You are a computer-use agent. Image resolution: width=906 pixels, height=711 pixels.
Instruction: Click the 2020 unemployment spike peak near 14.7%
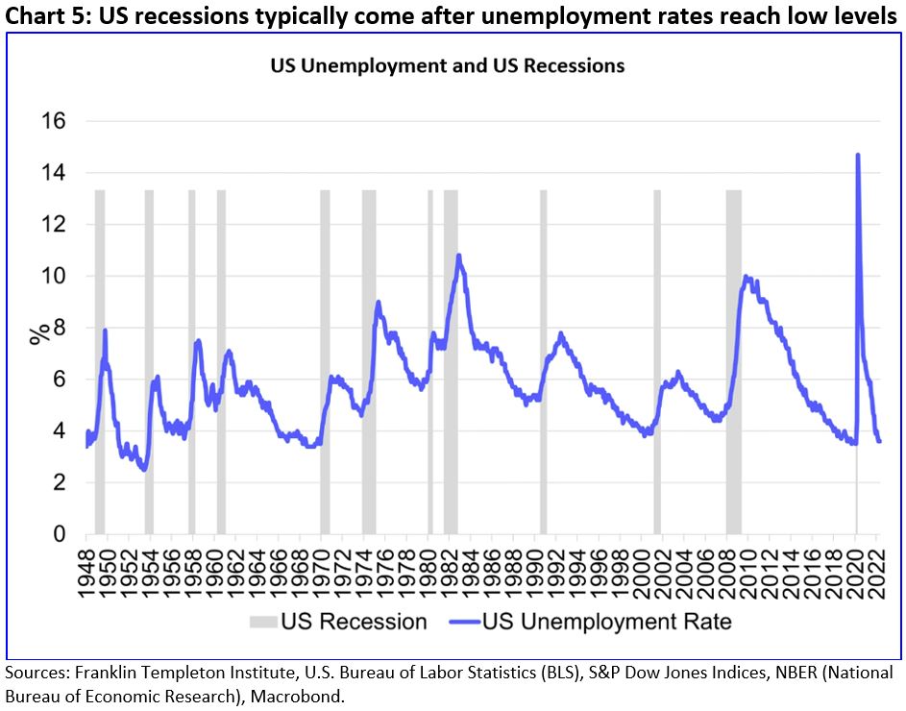click(857, 156)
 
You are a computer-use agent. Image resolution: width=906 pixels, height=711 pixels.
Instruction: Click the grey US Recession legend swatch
click(263, 622)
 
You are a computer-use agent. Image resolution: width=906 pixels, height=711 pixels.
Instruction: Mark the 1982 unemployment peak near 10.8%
click(459, 257)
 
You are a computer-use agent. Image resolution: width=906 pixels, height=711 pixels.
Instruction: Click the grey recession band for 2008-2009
click(733, 361)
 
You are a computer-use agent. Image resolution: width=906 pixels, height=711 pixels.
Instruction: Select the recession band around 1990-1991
click(543, 361)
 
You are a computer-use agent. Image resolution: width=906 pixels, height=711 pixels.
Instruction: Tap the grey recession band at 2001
click(657, 361)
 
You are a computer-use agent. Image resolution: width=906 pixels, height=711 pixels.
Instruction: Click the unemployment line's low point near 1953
click(143, 470)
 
